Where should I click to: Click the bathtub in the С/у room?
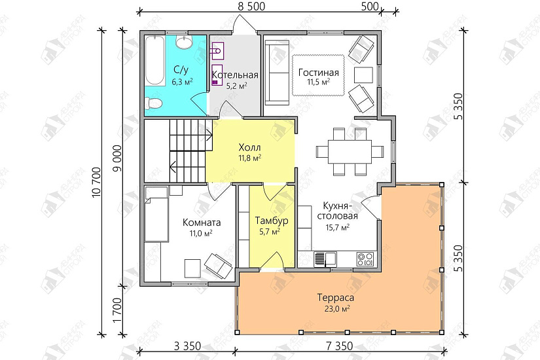[x=154, y=61]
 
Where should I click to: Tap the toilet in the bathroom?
[x=154, y=103]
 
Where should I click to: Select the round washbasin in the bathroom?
[x=185, y=42]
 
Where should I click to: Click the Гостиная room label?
[x=319, y=73]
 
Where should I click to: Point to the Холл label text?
[x=249, y=147]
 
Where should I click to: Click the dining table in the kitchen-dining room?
[x=350, y=151]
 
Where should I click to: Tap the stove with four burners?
[x=365, y=259]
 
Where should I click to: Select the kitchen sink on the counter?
[x=325, y=259]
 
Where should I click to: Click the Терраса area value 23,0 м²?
[x=335, y=309]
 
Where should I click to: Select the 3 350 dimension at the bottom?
[x=187, y=346]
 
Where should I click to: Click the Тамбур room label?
[x=272, y=221]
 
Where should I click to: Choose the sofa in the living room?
[x=278, y=73]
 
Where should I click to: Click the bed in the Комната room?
[x=156, y=214]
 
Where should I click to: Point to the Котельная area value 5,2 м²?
[x=236, y=86]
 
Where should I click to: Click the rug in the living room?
[x=319, y=75]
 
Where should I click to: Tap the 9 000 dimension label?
[x=117, y=158]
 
